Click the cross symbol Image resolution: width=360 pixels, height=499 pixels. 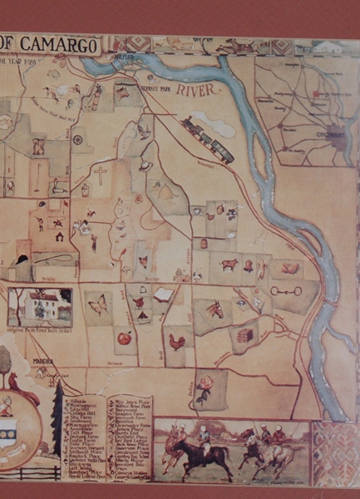tap(100, 175)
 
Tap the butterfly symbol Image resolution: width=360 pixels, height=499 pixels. tap(97, 305)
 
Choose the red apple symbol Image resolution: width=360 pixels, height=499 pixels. tap(124, 338)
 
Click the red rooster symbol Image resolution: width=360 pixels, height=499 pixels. tap(176, 340)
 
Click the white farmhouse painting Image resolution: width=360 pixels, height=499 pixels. tap(40, 305)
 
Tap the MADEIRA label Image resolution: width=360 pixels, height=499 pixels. tap(43, 361)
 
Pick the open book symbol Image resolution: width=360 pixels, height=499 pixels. tap(163, 294)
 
